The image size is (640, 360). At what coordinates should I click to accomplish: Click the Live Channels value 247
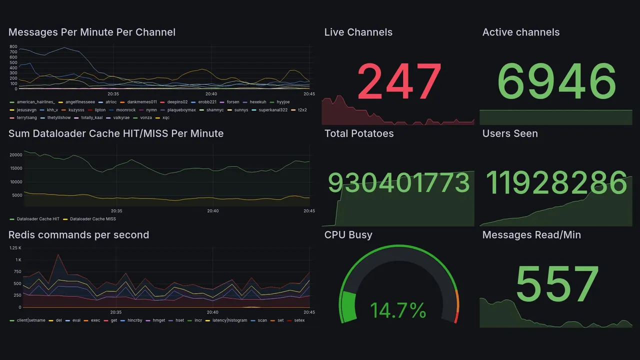(399, 81)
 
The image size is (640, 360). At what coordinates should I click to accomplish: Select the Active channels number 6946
(556, 81)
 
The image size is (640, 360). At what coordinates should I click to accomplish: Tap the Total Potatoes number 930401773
(398, 183)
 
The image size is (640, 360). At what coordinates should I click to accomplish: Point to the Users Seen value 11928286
(556, 183)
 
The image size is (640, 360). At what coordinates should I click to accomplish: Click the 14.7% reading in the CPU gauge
(398, 310)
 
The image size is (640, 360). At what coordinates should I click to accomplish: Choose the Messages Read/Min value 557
(556, 284)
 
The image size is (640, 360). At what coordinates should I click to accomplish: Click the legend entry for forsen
(232, 102)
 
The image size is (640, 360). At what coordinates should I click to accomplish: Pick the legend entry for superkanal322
(273, 110)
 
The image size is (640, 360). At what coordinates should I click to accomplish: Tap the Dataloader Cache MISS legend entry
(92, 219)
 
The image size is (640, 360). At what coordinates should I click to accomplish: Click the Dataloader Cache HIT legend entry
(37, 219)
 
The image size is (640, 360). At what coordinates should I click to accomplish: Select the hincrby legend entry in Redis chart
(135, 320)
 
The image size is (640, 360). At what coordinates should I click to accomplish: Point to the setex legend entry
(299, 320)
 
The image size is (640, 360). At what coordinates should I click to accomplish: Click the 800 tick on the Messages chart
(13, 46)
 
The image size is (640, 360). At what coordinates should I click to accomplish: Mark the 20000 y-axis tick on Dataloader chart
(16, 155)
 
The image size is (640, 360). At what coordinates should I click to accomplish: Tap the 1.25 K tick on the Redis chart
(15, 248)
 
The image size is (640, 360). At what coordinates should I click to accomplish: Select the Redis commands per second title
(78, 235)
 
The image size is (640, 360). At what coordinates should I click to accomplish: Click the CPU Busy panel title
(348, 235)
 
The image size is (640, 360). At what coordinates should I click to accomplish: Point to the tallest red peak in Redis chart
(58, 254)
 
